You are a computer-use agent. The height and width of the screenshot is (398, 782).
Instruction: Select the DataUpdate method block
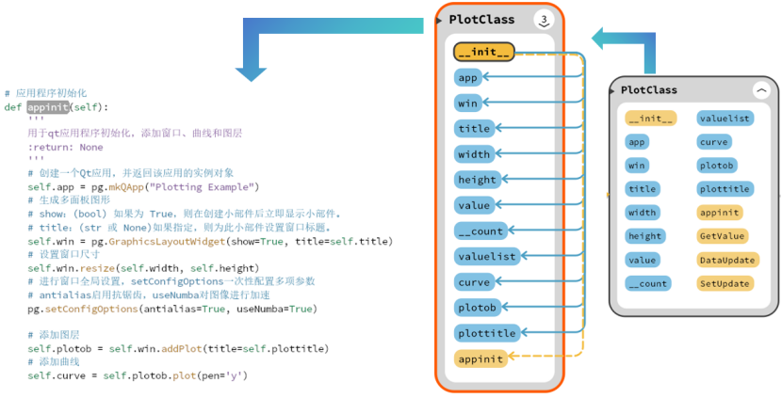723,260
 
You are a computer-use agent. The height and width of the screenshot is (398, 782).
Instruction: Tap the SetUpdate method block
723,283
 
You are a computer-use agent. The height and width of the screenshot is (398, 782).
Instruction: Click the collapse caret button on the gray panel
760,90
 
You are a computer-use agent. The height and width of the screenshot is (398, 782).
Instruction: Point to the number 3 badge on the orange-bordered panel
544,20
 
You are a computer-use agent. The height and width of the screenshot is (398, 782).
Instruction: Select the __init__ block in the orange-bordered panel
484,53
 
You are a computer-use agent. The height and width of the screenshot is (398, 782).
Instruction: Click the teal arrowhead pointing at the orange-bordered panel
600,38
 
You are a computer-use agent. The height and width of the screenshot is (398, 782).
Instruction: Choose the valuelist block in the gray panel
724,119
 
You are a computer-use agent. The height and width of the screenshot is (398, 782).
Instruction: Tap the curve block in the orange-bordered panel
473,282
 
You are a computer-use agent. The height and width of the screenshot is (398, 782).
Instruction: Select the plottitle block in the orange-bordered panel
486,333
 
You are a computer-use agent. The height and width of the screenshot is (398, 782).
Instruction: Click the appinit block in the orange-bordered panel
480,358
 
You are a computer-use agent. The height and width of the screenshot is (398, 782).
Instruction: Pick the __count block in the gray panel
646,283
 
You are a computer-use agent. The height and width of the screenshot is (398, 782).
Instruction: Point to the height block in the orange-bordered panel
476,180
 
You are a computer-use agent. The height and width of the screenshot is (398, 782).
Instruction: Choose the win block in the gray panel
636,166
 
